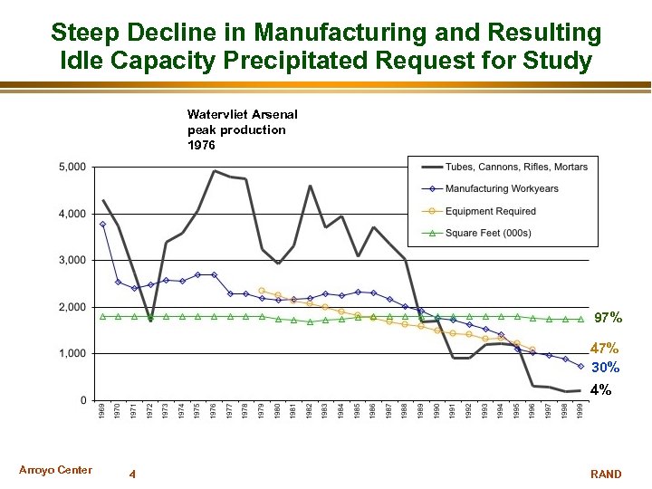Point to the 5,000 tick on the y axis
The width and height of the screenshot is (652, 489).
pos(72,168)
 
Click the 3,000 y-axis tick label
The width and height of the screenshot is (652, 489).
pos(72,261)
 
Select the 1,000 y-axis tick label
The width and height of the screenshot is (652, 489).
pos(72,354)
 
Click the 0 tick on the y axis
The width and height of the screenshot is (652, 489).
pos(83,400)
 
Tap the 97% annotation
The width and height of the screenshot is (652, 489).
pos(608,318)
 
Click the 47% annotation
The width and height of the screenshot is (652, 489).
pos(604,349)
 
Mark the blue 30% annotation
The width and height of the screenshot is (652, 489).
pos(606,368)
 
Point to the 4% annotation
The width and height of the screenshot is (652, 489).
pos(601,391)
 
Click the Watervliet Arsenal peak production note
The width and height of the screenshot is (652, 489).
pos(242,129)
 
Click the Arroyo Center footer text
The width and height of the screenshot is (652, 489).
pos(55,470)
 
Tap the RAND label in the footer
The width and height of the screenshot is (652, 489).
pos(606,474)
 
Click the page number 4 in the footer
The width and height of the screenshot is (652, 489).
pos(132,474)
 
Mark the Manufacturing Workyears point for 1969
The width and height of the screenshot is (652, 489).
pos(103,224)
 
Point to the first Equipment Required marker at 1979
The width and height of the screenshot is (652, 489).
pos(262,291)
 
